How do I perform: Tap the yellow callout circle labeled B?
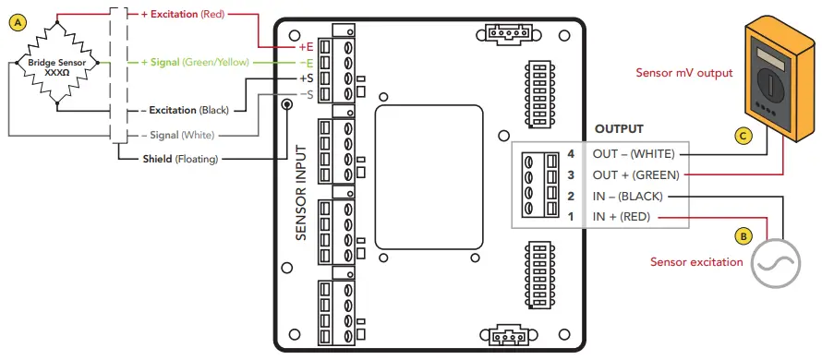[743, 236]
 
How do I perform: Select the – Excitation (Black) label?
[184, 110]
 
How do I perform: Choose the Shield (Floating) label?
[179, 159]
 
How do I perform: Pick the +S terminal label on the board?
[306, 78]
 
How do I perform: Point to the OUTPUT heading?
[619, 129]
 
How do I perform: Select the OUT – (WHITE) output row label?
[634, 153]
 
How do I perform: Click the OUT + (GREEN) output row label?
[635, 174]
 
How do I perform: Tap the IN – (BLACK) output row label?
[628, 197]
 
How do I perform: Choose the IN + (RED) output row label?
[622, 218]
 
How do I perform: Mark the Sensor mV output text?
[683, 72]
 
